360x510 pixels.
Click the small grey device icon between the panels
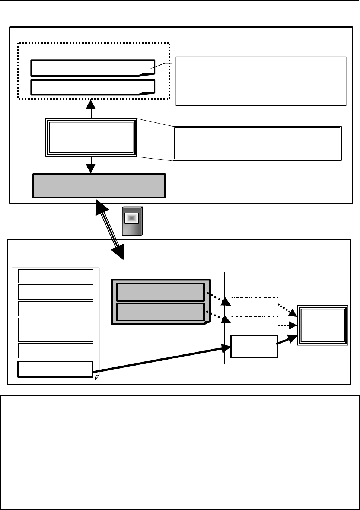click(132, 221)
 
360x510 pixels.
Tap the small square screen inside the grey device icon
click(131, 218)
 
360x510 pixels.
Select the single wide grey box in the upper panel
click(99, 186)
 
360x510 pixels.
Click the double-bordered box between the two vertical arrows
click(91, 137)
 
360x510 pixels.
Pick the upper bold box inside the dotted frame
click(92, 67)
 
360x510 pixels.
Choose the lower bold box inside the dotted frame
click(92, 87)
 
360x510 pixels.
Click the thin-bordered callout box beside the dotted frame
click(261, 81)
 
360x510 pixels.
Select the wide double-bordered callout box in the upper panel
click(257, 143)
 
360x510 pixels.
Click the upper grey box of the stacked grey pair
click(160, 292)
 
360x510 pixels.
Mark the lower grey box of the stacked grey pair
click(160, 312)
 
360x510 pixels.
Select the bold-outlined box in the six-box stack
click(55, 369)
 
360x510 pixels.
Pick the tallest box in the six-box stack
click(55, 329)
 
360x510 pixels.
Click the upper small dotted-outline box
click(254, 305)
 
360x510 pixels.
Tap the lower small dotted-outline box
click(254, 323)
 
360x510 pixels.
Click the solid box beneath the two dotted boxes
click(254, 346)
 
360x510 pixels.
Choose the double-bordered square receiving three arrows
click(322, 325)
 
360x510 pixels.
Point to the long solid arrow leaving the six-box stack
click(160, 359)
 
